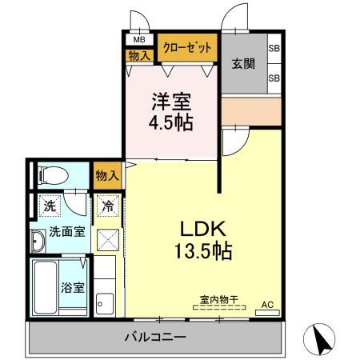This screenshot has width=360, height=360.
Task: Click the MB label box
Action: click(x=139, y=39)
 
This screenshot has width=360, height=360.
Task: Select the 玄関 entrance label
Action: click(x=243, y=64)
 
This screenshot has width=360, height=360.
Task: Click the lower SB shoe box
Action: click(x=274, y=78)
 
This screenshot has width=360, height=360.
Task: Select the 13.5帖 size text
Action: click(x=204, y=251)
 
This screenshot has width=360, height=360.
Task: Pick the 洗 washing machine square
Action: click(x=50, y=206)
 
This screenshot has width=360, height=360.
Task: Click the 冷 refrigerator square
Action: click(x=106, y=206)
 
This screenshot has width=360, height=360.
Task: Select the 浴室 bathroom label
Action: click(x=73, y=286)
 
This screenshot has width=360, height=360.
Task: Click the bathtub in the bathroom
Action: click(x=43, y=286)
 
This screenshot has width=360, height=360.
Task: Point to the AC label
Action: click(x=268, y=305)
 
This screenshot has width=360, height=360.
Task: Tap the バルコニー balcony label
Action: click(x=154, y=336)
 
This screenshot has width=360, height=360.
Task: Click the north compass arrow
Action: click(x=322, y=340)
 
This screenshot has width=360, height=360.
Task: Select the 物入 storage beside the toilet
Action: click(x=107, y=175)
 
